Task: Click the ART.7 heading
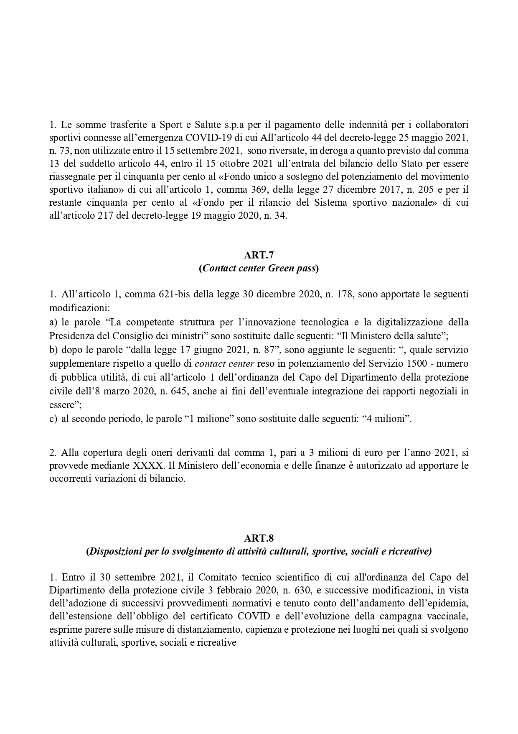pyautogui.click(x=259, y=255)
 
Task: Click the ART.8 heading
pyautogui.click(x=259, y=538)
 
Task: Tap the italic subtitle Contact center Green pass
pyautogui.click(x=259, y=269)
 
